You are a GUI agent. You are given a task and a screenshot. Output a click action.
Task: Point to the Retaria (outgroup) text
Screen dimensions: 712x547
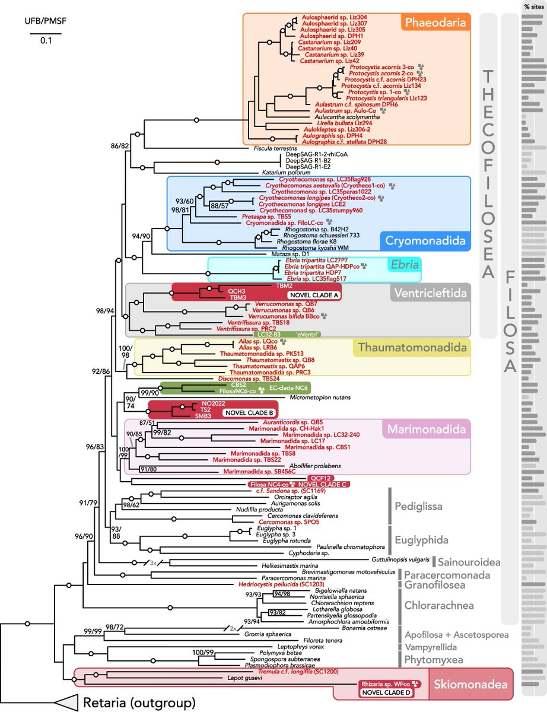(139, 704)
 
